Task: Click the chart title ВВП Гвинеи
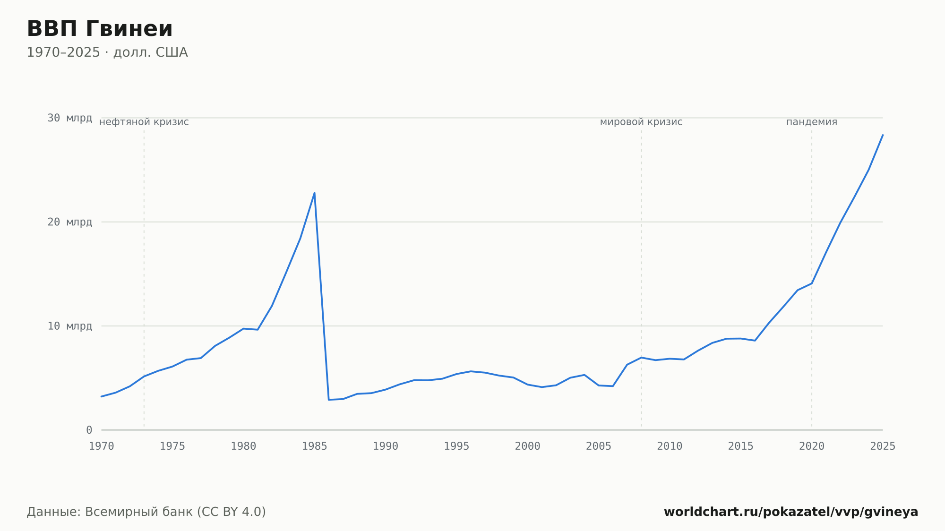pyautogui.click(x=100, y=29)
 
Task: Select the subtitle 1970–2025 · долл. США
pyautogui.click(x=107, y=52)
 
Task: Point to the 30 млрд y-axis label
pyautogui.click(x=69, y=118)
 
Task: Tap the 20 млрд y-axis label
pyautogui.click(x=69, y=222)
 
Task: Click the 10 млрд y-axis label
pyautogui.click(x=69, y=326)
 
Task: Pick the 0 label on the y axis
pyautogui.click(x=89, y=430)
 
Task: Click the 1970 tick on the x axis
pyautogui.click(x=102, y=446)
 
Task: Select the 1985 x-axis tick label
pyautogui.click(x=315, y=446)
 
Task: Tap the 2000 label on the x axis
pyautogui.click(x=528, y=446)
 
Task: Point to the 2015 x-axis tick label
pyautogui.click(x=741, y=446)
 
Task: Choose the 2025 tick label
pyautogui.click(x=883, y=446)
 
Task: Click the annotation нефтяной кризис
pyautogui.click(x=144, y=122)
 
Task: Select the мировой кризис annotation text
pyautogui.click(x=641, y=122)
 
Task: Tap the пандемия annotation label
pyautogui.click(x=812, y=122)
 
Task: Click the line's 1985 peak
pyautogui.click(x=314, y=193)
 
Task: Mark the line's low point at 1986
pyautogui.click(x=328, y=400)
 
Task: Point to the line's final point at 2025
pyautogui.click(x=883, y=135)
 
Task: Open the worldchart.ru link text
pyautogui.click(x=791, y=512)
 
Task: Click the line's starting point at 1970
pyautogui.click(x=102, y=396)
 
